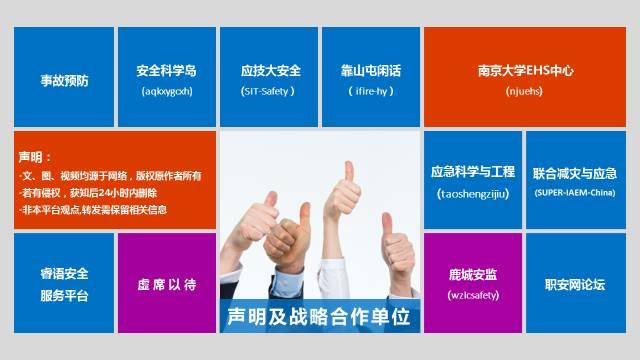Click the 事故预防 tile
[64, 78]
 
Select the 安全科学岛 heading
[167, 71]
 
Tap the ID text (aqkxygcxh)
[167, 91]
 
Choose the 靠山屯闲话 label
[371, 71]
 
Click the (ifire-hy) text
[371, 91]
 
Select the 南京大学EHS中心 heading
[525, 71]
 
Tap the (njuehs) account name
[525, 91]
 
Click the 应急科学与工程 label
[473, 172]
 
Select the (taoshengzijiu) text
[473, 193]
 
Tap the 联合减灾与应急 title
[575, 172]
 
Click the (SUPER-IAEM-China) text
[575, 192]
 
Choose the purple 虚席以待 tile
[167, 284]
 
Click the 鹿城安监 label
[473, 273]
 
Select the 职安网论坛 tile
[575, 284]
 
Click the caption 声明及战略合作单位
[320, 316]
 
